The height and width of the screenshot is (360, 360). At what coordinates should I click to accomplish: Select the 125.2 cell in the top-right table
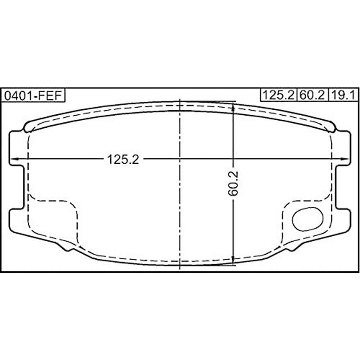coord(278,95)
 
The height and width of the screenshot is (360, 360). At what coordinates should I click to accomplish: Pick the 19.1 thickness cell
coord(343,95)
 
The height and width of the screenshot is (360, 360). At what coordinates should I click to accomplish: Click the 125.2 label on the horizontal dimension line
coord(122,159)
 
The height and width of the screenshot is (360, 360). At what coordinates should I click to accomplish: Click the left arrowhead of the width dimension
coord(13,159)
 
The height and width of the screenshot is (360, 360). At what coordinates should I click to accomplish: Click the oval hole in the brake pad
coord(307,219)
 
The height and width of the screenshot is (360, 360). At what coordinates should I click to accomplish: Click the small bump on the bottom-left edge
coord(65,247)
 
